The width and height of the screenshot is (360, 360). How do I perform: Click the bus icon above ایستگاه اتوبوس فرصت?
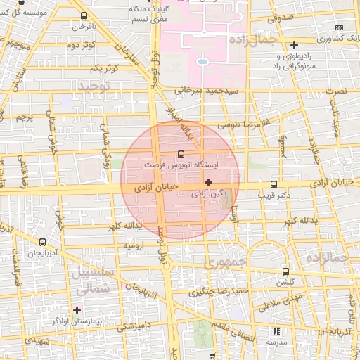pyautogui.click(x=181, y=153)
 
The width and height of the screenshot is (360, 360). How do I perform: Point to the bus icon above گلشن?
pyautogui.click(x=285, y=271)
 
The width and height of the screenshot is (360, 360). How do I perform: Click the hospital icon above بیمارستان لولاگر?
pyautogui.click(x=77, y=309)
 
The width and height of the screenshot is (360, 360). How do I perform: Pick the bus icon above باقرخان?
pyautogui.click(x=84, y=15)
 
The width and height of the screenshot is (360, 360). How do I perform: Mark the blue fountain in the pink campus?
pyautogui.click(x=202, y=61)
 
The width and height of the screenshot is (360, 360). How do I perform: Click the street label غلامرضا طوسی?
pyautogui.click(x=243, y=124)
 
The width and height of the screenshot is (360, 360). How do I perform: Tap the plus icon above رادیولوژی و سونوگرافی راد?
pyautogui.click(x=293, y=45)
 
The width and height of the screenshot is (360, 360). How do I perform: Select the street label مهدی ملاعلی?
pyautogui.click(x=278, y=302)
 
